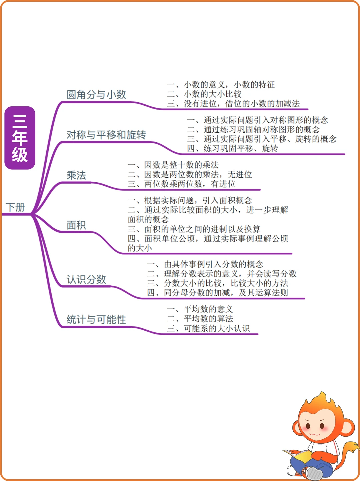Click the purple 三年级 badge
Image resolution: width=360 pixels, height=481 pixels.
pos(20,138)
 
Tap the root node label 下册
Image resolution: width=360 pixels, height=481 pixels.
pos(15,207)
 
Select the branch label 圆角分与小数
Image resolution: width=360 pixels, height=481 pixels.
pos(96,95)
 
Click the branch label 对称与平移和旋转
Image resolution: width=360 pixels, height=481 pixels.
pos(106,135)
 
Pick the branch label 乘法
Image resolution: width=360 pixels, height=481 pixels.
pos(76,175)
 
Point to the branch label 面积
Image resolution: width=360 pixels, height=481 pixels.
pos(76,225)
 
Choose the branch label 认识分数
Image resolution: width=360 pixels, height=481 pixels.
pos(86,279)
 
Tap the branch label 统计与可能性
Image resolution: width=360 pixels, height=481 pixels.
pos(96,320)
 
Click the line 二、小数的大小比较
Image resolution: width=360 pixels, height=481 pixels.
pos(204,94)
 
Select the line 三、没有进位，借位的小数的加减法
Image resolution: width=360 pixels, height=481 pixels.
pos(233,104)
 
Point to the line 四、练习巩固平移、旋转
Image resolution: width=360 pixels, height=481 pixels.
pos(232,148)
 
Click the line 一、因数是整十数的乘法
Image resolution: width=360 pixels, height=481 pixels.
pos(173,165)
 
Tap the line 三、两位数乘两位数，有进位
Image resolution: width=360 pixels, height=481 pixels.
pos(182,184)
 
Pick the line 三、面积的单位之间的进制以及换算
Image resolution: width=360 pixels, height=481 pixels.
pos(194,229)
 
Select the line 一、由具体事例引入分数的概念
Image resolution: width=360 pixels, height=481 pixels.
pos(205,265)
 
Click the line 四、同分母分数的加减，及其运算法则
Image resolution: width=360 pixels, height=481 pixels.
pos(217,293)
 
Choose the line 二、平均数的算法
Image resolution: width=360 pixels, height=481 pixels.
pos(200,319)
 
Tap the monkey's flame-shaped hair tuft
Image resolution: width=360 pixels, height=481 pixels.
pos(322,400)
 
